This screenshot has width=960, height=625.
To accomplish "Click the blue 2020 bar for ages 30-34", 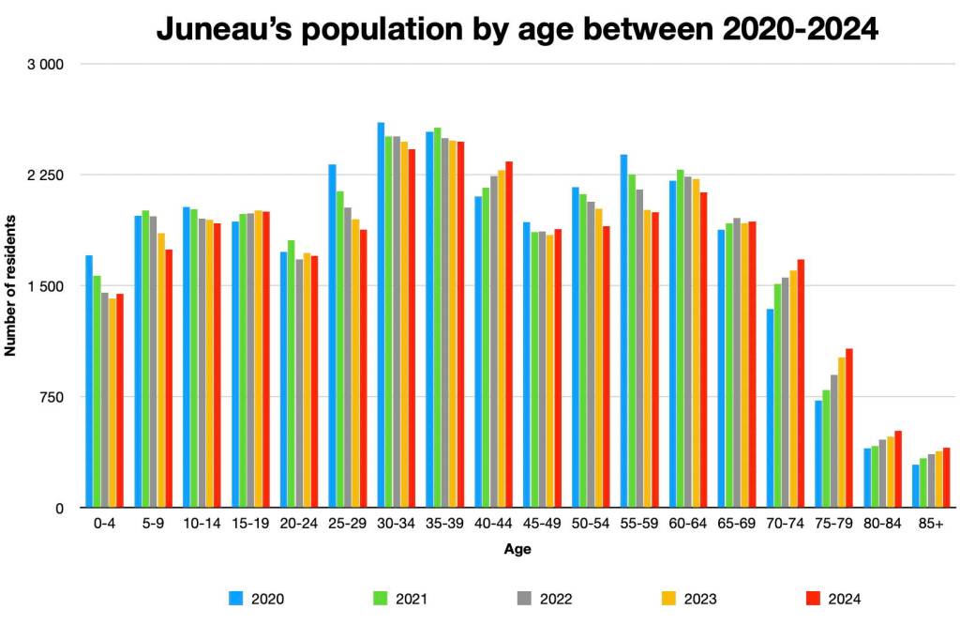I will click(x=381, y=314).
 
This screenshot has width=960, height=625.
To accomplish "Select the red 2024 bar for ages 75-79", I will click(x=849, y=428).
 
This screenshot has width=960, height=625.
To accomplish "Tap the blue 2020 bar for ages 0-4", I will click(x=89, y=381).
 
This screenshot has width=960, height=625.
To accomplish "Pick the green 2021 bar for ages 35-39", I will click(x=437, y=317).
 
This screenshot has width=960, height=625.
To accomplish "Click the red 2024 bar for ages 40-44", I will click(x=509, y=334).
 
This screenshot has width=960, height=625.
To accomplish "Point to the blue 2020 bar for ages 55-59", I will click(x=623, y=330).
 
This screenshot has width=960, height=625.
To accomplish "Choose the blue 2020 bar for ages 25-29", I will click(x=332, y=336).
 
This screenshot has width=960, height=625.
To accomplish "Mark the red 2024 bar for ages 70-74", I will click(x=801, y=383).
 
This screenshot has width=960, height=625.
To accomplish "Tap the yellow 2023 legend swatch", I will click(x=668, y=598).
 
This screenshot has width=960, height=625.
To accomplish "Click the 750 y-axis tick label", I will click(x=51, y=397).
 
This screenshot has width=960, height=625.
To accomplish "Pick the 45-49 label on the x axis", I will click(x=540, y=524).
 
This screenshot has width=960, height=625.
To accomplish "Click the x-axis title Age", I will click(x=517, y=549).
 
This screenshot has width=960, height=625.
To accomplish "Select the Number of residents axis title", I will click(x=11, y=285).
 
